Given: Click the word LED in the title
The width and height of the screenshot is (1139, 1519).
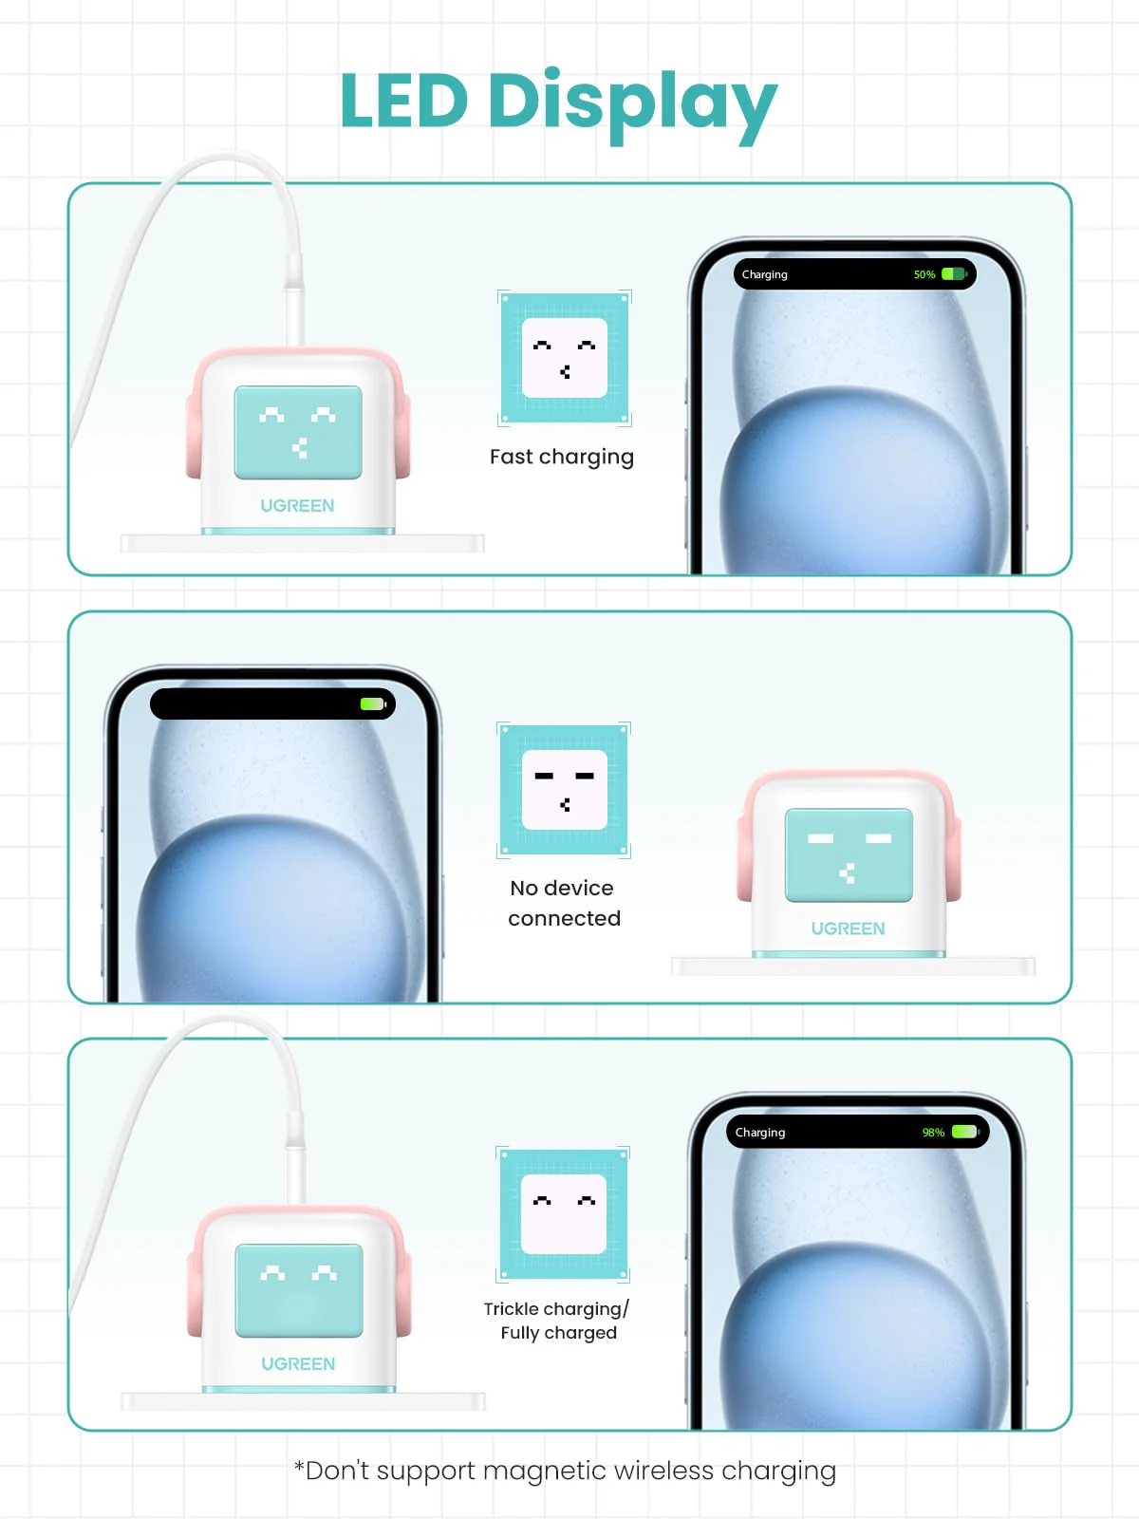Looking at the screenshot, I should point(403,101).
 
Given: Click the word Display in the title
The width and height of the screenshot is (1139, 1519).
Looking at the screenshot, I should point(631,103).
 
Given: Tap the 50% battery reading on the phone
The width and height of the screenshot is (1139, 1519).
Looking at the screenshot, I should point(924,274).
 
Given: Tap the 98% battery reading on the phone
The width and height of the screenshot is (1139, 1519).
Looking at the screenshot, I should point(933,1133).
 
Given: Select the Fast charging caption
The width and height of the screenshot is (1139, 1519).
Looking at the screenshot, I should point(562,457).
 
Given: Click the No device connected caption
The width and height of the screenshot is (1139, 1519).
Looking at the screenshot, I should point(564,903).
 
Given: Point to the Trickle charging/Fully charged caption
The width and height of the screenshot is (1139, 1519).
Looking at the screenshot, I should point(557,1321).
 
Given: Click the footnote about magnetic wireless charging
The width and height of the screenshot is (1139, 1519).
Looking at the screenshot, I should point(566,1471).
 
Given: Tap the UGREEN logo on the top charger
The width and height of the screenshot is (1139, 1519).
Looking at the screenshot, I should point(297,506).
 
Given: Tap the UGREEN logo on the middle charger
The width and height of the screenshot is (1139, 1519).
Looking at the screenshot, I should point(848,928).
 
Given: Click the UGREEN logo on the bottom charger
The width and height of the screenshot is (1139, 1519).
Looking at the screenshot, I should point(298,1364).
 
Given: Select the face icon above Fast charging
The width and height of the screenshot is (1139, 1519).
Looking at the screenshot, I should point(565,358).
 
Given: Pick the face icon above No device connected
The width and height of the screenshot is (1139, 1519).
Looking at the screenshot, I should point(565,790).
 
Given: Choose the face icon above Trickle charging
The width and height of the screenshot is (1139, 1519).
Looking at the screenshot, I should point(564,1214).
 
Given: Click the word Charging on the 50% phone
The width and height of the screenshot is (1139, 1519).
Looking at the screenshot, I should point(765,274).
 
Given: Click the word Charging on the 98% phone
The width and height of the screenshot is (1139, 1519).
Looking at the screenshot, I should point(760,1133).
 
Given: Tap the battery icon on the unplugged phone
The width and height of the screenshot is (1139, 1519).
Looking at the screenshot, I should point(372,704).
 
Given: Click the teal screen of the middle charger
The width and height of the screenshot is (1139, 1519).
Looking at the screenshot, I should point(849,854).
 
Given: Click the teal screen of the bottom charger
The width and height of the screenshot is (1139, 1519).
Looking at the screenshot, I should point(299,1290).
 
